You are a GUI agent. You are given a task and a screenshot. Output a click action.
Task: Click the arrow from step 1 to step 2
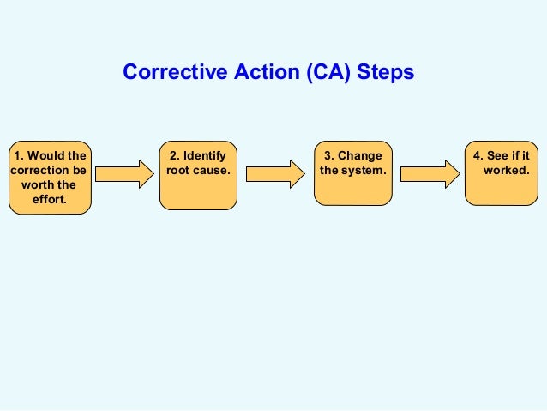coord(123,173)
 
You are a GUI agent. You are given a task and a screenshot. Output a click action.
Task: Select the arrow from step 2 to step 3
coord(275,173)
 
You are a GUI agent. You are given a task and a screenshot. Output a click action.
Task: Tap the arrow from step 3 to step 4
coord(429,173)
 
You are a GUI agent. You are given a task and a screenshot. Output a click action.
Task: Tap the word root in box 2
coord(179,171)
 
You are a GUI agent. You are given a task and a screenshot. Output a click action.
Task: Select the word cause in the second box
coord(212,171)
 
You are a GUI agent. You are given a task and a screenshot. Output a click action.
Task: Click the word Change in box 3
coord(360,156)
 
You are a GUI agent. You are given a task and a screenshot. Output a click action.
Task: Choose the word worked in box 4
coord(506,171)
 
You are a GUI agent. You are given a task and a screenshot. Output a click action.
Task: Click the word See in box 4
coord(500,156)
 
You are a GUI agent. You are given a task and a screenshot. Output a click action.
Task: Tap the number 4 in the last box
coord(477,156)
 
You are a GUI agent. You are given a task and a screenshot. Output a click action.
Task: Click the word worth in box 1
coord(37,185)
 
